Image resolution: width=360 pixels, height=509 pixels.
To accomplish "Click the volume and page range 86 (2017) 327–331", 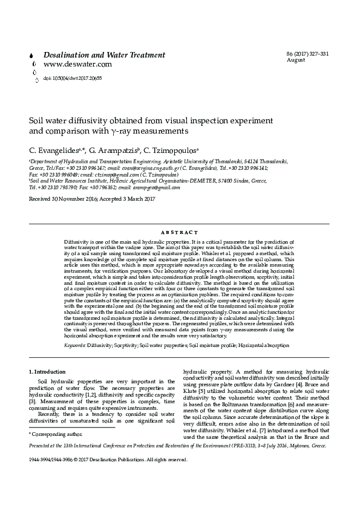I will coord(307,54).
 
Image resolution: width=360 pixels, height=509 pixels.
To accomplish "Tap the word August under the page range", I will coord(295,60).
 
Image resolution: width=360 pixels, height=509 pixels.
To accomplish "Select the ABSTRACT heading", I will coord(180,232).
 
